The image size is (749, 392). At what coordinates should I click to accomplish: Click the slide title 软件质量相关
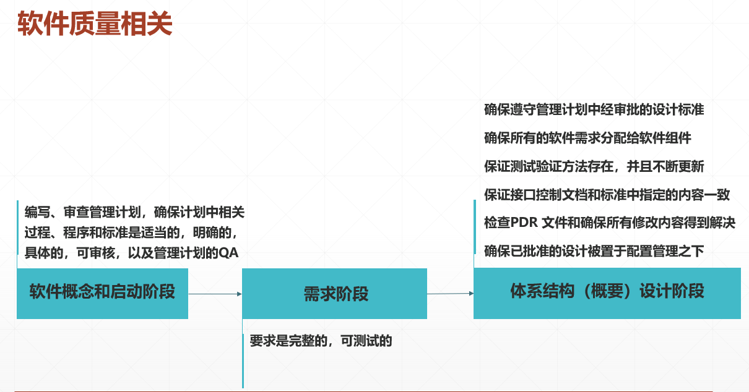pos(95,25)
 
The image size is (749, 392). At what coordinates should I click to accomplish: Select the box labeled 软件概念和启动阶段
pos(102,293)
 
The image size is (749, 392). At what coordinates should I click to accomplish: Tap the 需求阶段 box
pos(334,294)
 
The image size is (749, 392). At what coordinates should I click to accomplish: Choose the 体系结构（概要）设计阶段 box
pos(607,292)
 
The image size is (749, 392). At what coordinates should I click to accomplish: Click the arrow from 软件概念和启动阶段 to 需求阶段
pos(214,294)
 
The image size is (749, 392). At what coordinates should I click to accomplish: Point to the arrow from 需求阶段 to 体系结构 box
pos(450,293)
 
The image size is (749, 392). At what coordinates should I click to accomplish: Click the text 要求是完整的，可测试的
pos(321,341)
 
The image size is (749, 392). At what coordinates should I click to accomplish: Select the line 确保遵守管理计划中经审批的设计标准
pos(594,110)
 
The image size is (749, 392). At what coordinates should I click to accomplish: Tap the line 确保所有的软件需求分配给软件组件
pos(587,138)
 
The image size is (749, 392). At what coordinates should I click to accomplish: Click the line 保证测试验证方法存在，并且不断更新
pos(594,166)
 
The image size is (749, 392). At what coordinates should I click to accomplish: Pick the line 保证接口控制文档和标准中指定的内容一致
pos(607,195)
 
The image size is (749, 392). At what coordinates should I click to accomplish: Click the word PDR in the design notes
pos(526,223)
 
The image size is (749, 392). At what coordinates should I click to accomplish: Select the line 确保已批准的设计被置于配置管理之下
pos(594,251)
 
